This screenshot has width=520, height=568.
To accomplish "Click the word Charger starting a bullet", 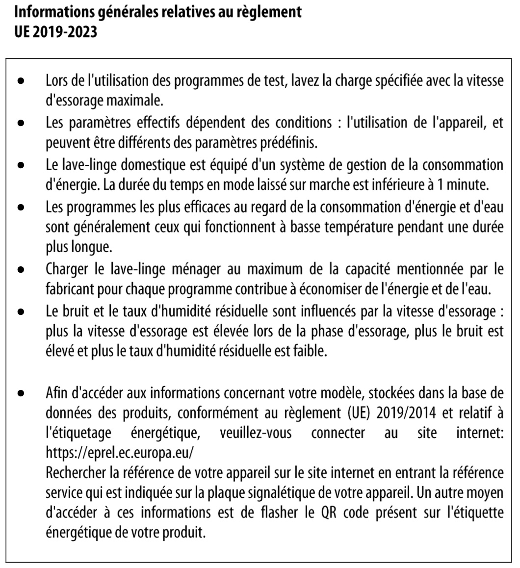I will point(64,267).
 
